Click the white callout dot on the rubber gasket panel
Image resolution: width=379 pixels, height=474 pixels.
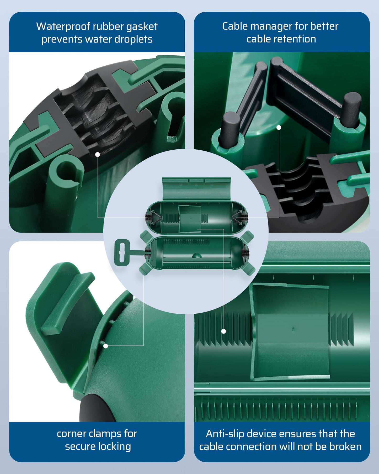[98, 154]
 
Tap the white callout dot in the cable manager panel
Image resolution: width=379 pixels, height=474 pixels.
[279, 128]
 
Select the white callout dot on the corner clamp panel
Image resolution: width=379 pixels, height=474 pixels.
[106, 346]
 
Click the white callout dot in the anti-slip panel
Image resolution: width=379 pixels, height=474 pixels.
[223, 331]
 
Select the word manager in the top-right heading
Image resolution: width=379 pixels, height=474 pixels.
[270, 27]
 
